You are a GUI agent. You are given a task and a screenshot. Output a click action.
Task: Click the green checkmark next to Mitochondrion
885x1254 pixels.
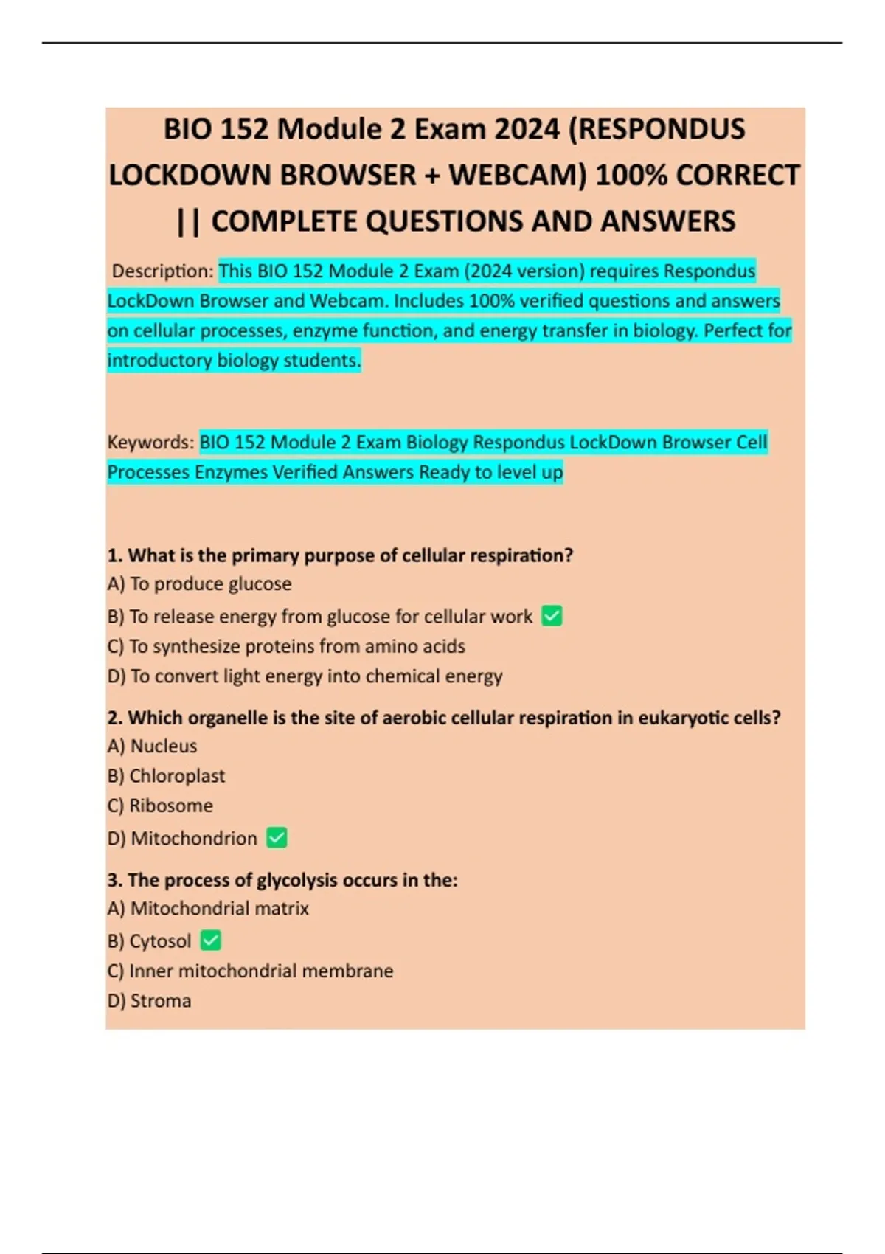click(277, 837)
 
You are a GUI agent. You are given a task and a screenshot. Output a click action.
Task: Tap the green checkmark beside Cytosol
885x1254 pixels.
click(211, 940)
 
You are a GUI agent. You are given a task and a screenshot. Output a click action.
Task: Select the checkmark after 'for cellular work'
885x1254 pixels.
click(552, 615)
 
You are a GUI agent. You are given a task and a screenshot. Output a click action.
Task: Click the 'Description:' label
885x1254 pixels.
click(162, 271)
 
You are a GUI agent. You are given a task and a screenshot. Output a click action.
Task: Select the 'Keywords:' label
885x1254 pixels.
click(151, 443)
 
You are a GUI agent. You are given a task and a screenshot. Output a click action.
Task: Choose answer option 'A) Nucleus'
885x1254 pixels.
click(152, 746)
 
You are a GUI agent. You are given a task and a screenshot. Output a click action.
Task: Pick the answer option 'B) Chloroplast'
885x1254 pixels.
click(166, 776)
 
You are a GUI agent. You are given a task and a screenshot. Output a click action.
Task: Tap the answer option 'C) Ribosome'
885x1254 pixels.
click(160, 806)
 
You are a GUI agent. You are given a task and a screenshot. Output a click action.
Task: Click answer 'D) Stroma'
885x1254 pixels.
click(149, 1001)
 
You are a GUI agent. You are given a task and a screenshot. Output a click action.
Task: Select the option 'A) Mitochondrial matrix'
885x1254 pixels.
click(208, 908)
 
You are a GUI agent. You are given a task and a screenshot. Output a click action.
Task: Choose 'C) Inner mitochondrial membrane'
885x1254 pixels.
click(250, 971)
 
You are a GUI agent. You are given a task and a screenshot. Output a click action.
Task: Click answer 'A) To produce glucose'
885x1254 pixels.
click(199, 583)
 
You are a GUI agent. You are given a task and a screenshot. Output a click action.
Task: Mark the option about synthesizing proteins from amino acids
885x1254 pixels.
click(286, 646)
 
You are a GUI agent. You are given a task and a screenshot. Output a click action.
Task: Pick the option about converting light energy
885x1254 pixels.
click(305, 676)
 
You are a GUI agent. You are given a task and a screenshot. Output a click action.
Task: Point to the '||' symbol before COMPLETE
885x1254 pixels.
click(189, 221)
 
